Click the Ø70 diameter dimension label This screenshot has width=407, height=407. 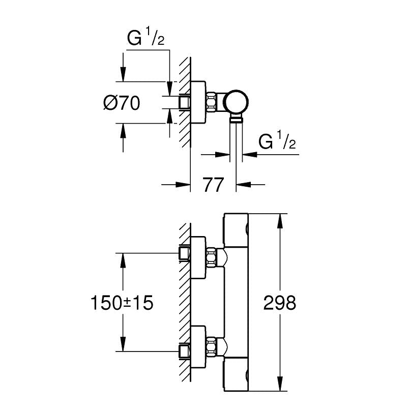point(121,103)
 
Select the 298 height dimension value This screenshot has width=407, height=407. point(279,304)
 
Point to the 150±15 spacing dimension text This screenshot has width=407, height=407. point(122,304)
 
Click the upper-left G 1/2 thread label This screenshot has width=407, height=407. point(145,40)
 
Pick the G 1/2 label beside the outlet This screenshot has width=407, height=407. point(277,142)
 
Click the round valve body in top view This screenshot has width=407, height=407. point(238,101)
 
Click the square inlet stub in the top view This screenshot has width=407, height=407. point(184,102)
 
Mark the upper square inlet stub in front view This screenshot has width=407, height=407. point(184,252)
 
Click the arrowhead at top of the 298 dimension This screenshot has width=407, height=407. point(279,219)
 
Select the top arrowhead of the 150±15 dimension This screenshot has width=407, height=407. point(122,259)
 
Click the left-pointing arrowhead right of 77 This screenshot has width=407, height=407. point(244,184)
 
